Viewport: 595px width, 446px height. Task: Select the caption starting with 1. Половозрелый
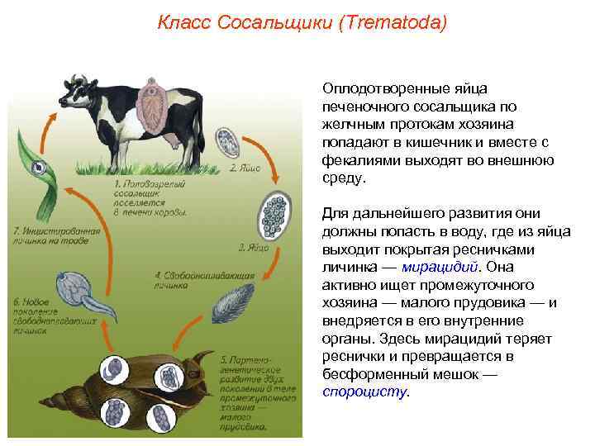(x=149, y=197)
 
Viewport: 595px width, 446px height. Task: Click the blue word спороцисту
(x=364, y=392)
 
